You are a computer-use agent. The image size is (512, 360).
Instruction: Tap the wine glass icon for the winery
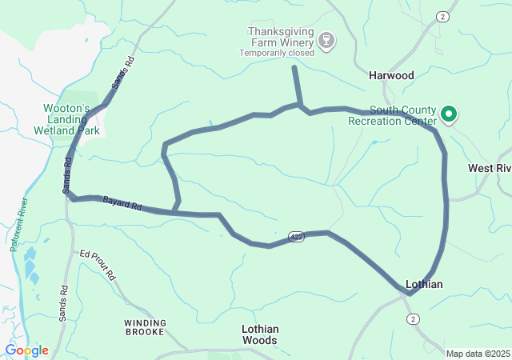[x=326, y=41]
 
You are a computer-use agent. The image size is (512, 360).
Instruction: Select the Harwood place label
[x=391, y=75]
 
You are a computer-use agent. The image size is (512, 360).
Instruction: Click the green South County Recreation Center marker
[x=449, y=115]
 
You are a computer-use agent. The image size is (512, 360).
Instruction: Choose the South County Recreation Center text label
[x=392, y=115]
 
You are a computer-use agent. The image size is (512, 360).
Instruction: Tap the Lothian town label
[x=424, y=284]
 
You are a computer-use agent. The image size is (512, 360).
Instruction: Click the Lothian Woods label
[x=260, y=334]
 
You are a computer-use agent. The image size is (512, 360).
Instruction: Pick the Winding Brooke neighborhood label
[x=146, y=328]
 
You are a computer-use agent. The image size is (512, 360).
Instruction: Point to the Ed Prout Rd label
[x=98, y=265]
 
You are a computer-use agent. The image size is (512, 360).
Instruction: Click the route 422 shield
[x=297, y=238]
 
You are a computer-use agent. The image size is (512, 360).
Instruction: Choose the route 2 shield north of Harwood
[x=443, y=17]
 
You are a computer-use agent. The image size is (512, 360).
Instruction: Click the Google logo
[x=26, y=350]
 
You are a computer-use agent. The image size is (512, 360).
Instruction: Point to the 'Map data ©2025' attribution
[x=477, y=354]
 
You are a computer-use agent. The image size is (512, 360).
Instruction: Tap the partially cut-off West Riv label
[x=489, y=169]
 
